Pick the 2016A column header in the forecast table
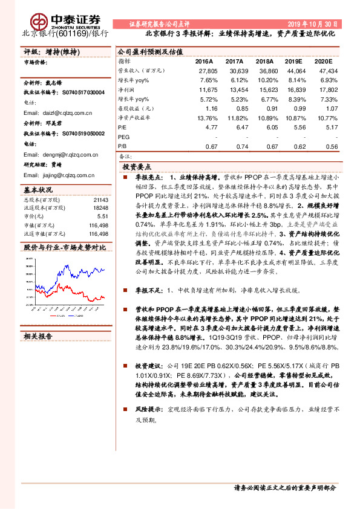pos(204,62)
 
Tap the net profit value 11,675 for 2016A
pos(207,89)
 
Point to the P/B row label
pos(123,146)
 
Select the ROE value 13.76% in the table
pos(206,119)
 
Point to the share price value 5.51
pos(102,216)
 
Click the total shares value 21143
pos(101,199)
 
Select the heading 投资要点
pos(137,167)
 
